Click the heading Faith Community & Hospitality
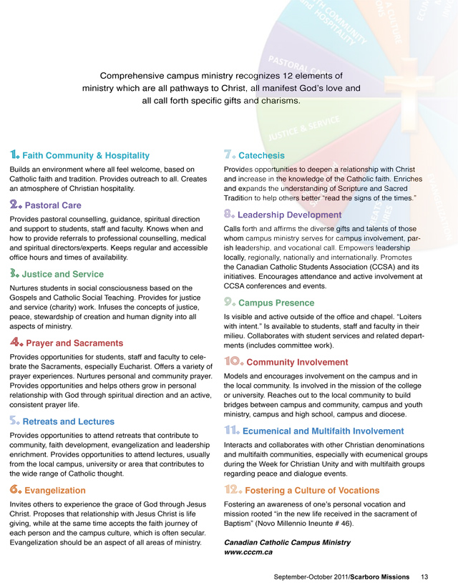pos(86,155)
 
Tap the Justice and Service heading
pos(63,274)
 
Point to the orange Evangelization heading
pos(55,490)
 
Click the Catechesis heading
pos(261,155)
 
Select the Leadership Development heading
pos(289,215)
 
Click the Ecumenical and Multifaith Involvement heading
pos(323,431)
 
